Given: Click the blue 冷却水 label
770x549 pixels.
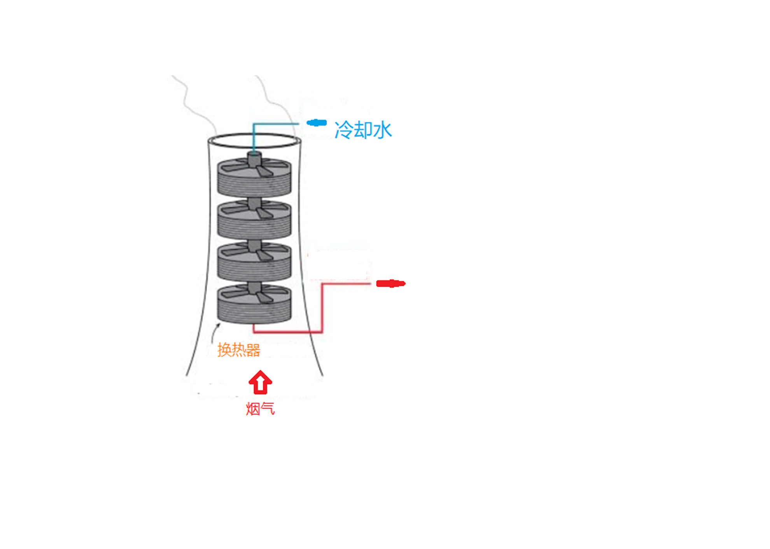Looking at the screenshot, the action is [x=363, y=130].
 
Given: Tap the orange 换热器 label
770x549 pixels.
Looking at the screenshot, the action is [x=238, y=350].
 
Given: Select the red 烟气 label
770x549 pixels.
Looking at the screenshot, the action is [x=260, y=409].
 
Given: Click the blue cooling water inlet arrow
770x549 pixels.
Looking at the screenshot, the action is [x=317, y=123].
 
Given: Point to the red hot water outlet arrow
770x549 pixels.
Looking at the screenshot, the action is [x=391, y=284].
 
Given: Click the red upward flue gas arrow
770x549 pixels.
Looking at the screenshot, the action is [x=260, y=382].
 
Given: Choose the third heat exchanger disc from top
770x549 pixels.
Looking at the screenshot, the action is [x=254, y=261].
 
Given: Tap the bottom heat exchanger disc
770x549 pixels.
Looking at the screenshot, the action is [x=254, y=304].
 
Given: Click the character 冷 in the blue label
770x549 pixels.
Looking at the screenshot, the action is [x=343, y=130].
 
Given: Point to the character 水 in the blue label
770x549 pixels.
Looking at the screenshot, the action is [x=382, y=130].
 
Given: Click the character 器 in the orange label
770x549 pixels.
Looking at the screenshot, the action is [x=253, y=350].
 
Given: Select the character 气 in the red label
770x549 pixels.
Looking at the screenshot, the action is [x=268, y=409].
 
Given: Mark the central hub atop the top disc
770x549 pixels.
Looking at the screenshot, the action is [x=254, y=159].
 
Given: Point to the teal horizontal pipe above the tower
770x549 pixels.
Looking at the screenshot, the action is [x=276, y=124].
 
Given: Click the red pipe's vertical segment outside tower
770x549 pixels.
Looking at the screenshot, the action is [x=322, y=308].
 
